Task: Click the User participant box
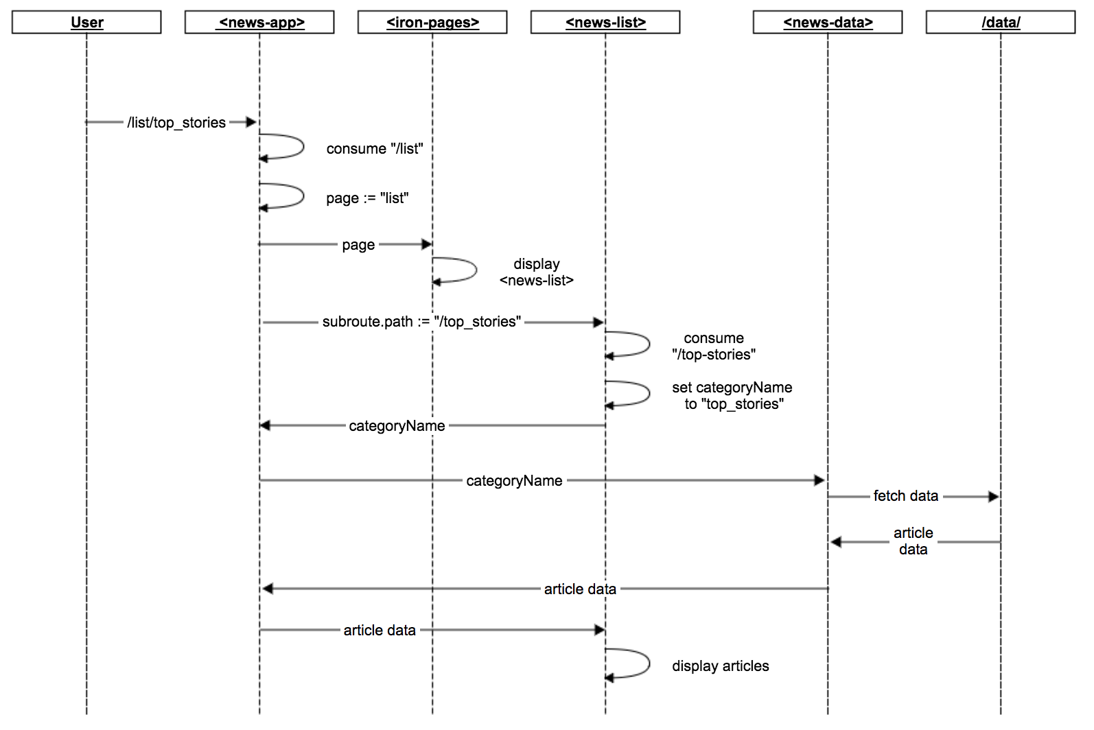[x=86, y=23]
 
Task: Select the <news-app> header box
[x=259, y=23]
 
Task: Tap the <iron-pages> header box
[x=432, y=23]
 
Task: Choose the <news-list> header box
[x=605, y=23]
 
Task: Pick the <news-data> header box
[x=828, y=23]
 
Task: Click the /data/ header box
[x=1001, y=23]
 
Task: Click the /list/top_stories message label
[x=176, y=123]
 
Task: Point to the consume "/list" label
[x=375, y=149]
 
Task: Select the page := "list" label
[x=367, y=198]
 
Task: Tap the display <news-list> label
[x=537, y=272]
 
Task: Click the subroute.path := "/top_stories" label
[x=421, y=322]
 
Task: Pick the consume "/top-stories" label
[x=714, y=346]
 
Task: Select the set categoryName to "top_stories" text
[x=732, y=396]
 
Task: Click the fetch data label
[x=905, y=496]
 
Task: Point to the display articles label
[x=721, y=666]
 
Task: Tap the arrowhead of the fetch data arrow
[x=994, y=497]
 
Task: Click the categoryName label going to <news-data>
[x=514, y=481]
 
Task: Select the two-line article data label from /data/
[x=913, y=541]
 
